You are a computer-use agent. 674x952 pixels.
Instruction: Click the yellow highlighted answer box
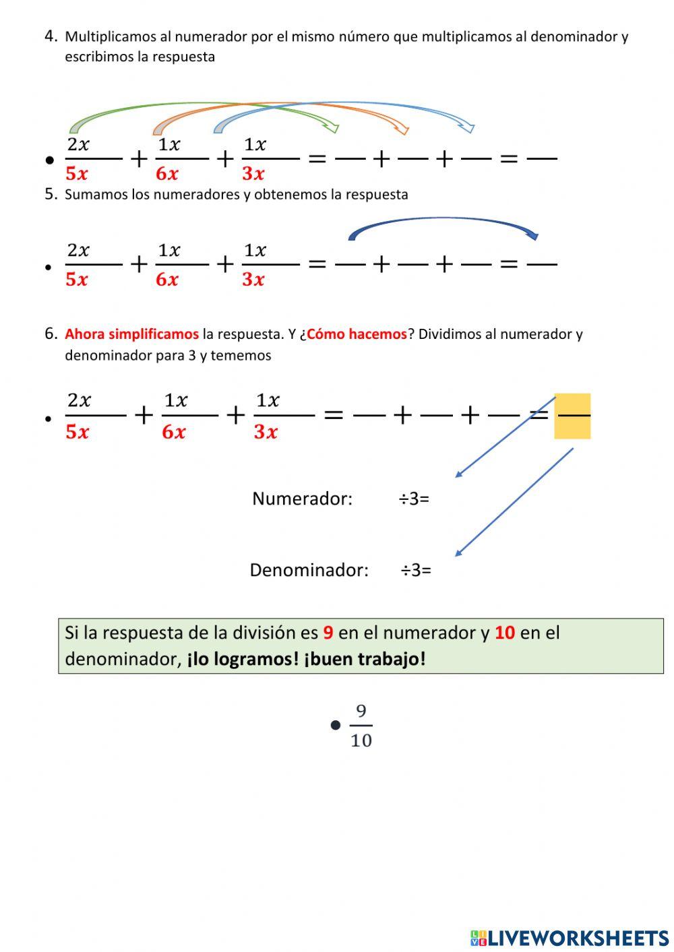click(x=572, y=416)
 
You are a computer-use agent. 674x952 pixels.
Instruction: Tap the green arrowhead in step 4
click(x=332, y=126)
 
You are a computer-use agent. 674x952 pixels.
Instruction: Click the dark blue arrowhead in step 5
click(x=532, y=235)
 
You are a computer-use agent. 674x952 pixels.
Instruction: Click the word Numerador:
click(x=302, y=499)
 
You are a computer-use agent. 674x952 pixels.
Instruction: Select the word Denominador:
click(x=309, y=570)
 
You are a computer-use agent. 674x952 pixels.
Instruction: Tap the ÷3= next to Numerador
click(x=414, y=499)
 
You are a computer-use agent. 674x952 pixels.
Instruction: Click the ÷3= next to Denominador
click(x=416, y=570)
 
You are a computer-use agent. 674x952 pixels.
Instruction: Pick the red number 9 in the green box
click(x=328, y=633)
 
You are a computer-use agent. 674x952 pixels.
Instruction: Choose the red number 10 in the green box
click(x=505, y=633)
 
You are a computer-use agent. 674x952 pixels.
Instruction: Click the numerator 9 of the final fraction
click(x=361, y=711)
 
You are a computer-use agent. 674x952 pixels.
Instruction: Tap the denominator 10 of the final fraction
click(x=361, y=740)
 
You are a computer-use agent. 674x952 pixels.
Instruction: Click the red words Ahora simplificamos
click(x=131, y=334)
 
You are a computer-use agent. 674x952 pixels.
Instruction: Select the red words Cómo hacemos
click(x=357, y=334)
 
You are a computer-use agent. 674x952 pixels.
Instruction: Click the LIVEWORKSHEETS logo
click(x=570, y=938)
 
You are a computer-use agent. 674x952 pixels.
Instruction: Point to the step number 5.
click(x=51, y=194)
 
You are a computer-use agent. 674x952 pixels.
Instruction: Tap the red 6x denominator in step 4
click(x=167, y=174)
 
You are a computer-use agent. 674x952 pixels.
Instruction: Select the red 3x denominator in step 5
click(x=253, y=279)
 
